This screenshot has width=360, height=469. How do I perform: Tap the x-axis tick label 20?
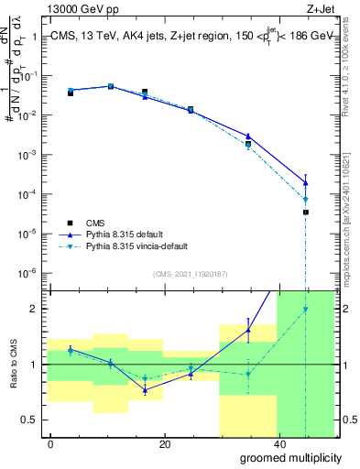click(164, 443)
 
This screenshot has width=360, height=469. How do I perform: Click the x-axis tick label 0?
click(50, 443)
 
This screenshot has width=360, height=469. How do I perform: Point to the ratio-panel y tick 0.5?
click(29, 420)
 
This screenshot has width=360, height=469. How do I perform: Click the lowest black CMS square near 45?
click(305, 213)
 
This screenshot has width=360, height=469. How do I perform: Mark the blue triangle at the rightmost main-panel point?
click(305, 182)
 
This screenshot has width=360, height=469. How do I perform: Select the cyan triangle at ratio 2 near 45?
click(305, 310)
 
